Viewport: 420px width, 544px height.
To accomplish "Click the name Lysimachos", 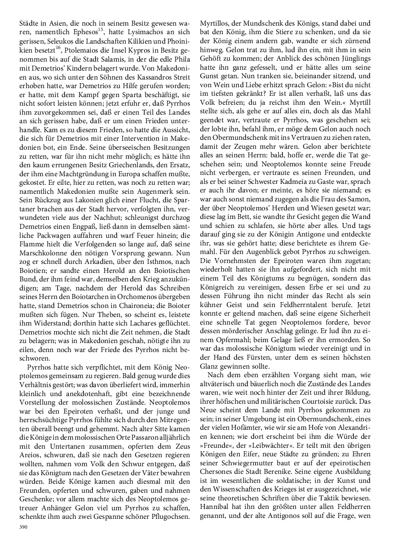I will [141, 31].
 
